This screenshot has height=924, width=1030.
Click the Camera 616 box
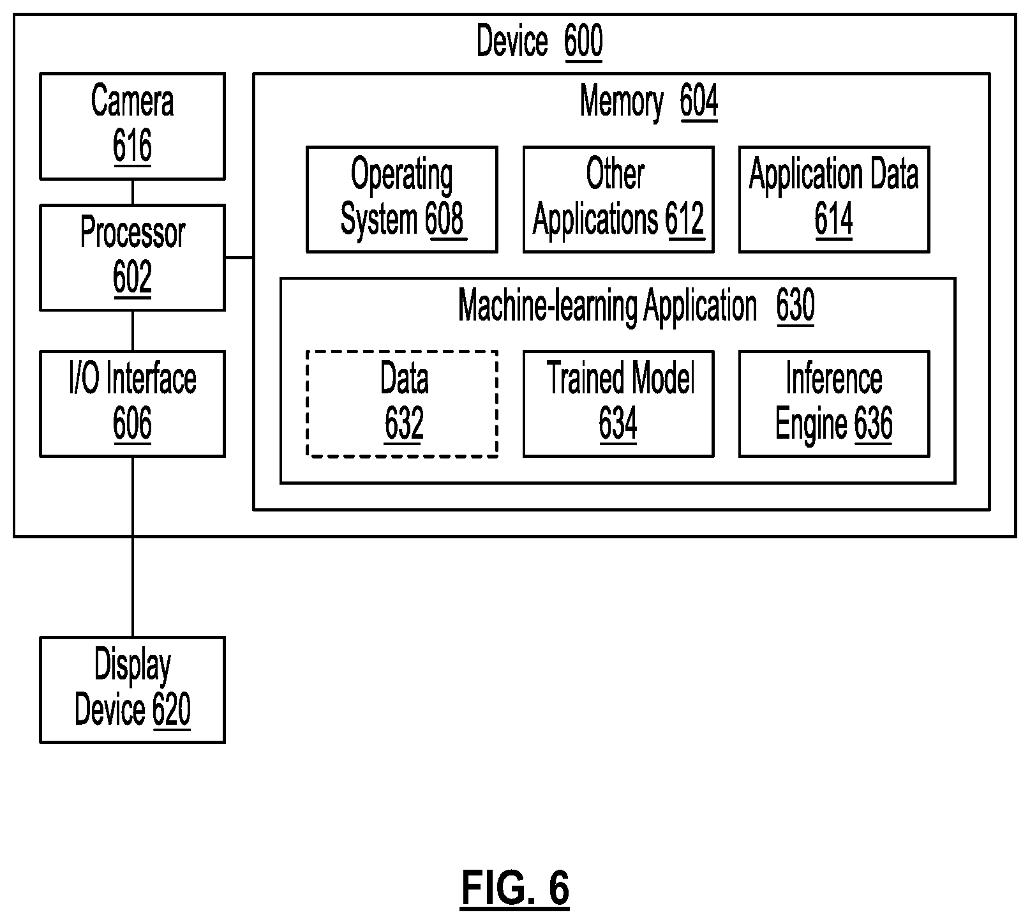pyautogui.click(x=132, y=126)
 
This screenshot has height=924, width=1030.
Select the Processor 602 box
pyautogui.click(x=132, y=257)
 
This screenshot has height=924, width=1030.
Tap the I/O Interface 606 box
pyautogui.click(x=132, y=404)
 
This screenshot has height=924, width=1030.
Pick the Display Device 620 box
pyautogui.click(x=132, y=690)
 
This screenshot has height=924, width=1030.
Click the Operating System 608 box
pyautogui.click(x=401, y=199)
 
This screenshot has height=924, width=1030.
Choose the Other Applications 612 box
pyautogui.click(x=618, y=199)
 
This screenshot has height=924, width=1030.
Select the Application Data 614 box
pyautogui.click(x=833, y=199)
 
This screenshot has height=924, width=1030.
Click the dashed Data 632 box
pyautogui.click(x=401, y=404)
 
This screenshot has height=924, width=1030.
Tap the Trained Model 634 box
pyautogui.click(x=618, y=404)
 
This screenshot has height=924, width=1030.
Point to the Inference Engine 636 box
pyautogui.click(x=833, y=404)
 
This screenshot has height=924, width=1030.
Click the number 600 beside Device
pyautogui.click(x=583, y=42)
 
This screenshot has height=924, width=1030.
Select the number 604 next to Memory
pyautogui.click(x=699, y=102)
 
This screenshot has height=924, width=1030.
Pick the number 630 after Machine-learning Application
pyautogui.click(x=795, y=307)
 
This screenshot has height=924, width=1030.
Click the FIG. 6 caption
pyautogui.click(x=514, y=888)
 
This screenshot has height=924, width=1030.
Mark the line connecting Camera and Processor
pyautogui.click(x=133, y=192)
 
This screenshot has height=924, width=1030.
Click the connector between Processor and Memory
pyautogui.click(x=239, y=258)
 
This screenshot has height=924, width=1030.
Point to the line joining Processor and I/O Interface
pyautogui.click(x=133, y=331)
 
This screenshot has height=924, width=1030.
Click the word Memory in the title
pyautogui.click(x=622, y=102)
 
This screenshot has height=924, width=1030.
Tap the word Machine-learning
pyautogui.click(x=548, y=307)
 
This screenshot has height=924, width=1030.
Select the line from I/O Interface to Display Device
pyautogui.click(x=133, y=547)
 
